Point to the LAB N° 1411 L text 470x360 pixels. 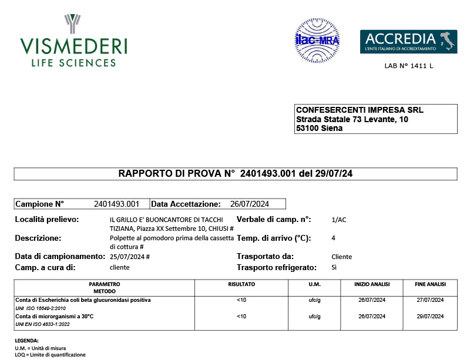408,66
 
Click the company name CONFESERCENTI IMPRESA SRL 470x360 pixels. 360,110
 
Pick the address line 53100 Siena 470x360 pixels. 320,128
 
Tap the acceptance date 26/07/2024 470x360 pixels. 250,204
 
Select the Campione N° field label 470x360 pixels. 39,204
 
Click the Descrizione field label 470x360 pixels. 38,238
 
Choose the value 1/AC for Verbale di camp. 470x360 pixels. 339,220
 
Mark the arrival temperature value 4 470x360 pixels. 333,238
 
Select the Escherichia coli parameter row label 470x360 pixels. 83,300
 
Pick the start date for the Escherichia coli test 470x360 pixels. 371,300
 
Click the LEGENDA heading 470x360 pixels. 26,341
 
